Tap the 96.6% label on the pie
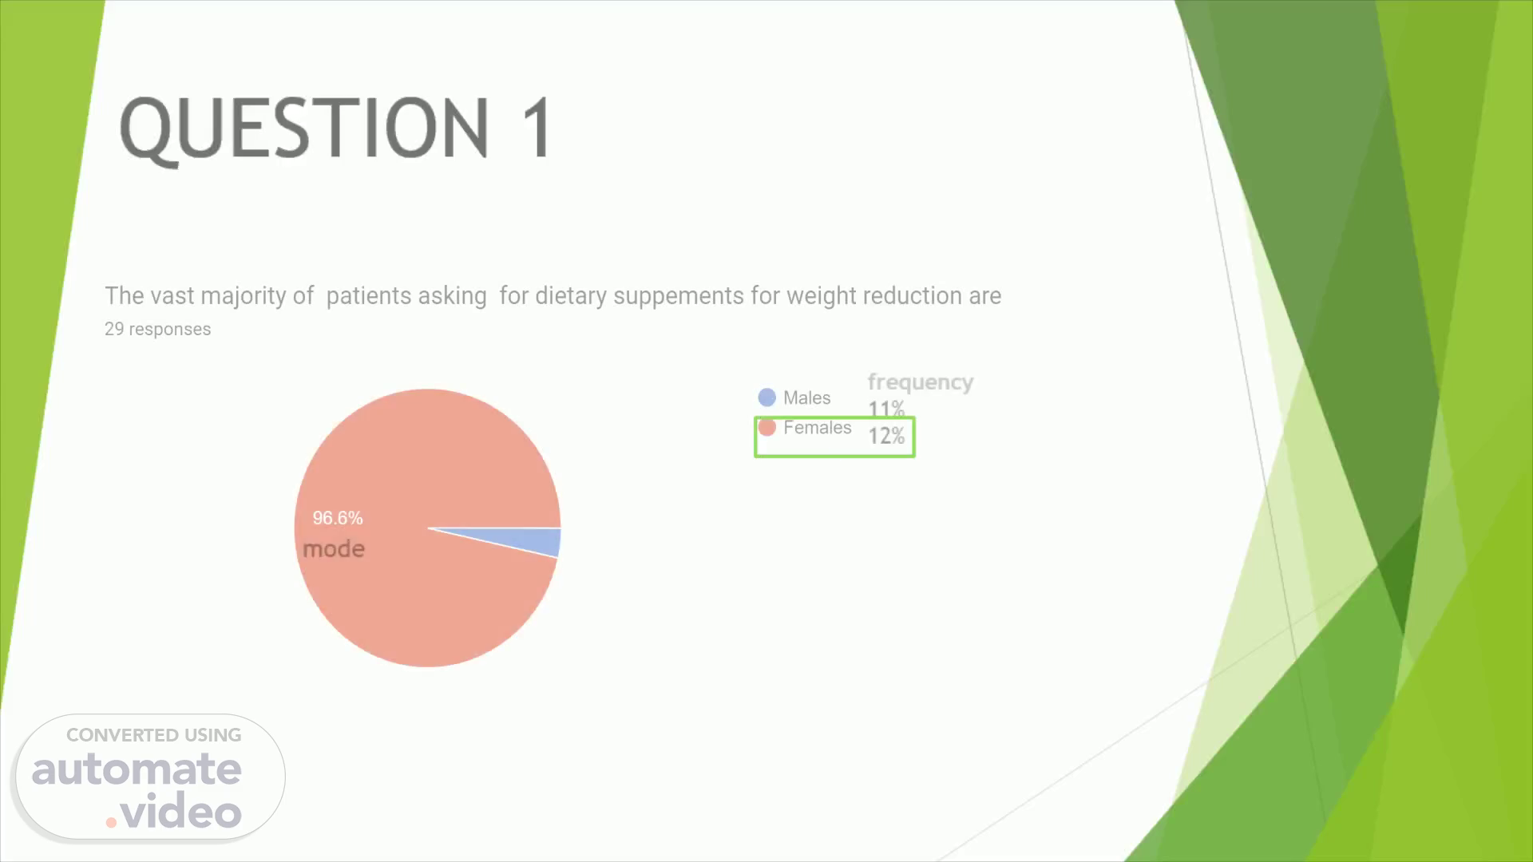coord(338,518)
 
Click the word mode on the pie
coord(334,549)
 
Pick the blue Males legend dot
coord(767,397)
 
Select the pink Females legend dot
coord(767,428)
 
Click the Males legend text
coord(806,397)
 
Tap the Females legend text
coord(818,428)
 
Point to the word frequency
coord(921,382)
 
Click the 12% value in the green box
coord(887,436)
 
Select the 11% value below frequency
coord(886,409)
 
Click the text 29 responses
coord(158,329)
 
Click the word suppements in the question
coord(679,297)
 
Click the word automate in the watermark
coord(137,769)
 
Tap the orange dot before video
coord(112,821)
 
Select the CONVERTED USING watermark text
coord(154,735)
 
